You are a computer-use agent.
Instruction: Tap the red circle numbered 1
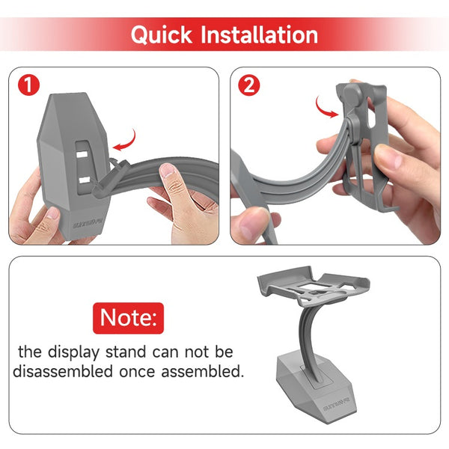click(28, 85)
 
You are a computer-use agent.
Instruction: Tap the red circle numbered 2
click(248, 85)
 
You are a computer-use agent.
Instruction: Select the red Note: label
click(129, 318)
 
